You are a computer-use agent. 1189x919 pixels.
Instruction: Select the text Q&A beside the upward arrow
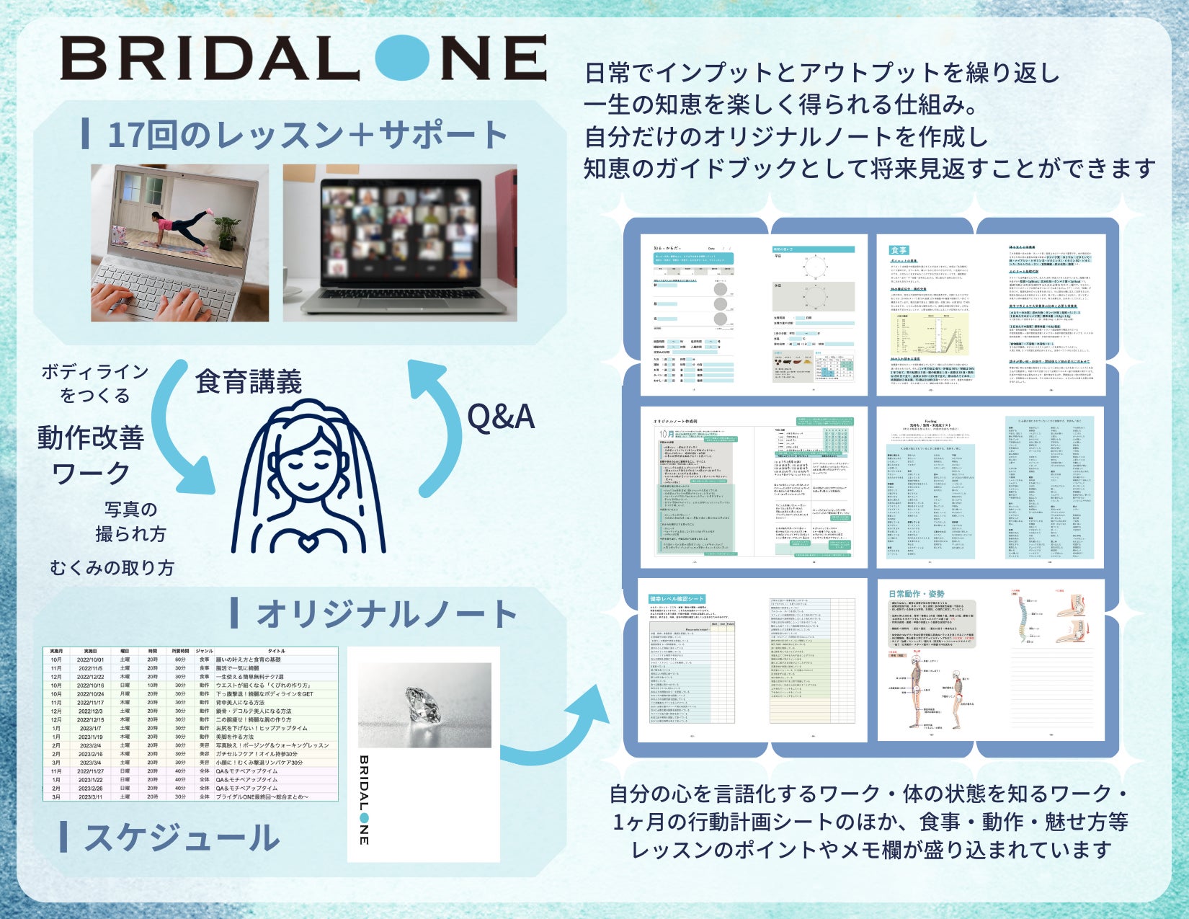click(501, 417)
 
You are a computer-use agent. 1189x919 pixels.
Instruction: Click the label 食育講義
click(249, 381)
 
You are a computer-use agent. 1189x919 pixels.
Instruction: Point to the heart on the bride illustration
click(308, 542)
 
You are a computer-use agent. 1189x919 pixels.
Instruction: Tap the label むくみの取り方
click(112, 568)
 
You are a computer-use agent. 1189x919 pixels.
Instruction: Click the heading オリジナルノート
click(386, 614)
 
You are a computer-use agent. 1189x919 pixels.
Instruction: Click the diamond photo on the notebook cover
click(424, 705)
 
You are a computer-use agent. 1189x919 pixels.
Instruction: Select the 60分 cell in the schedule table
click(180, 660)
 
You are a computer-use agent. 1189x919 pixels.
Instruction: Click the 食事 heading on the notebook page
click(899, 250)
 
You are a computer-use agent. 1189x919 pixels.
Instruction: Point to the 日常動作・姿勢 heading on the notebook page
click(917, 594)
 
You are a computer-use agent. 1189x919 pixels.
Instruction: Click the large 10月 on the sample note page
click(667, 434)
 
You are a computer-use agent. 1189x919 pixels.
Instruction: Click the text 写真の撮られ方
click(130, 522)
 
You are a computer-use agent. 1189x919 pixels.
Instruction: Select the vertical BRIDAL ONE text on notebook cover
click(364, 800)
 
